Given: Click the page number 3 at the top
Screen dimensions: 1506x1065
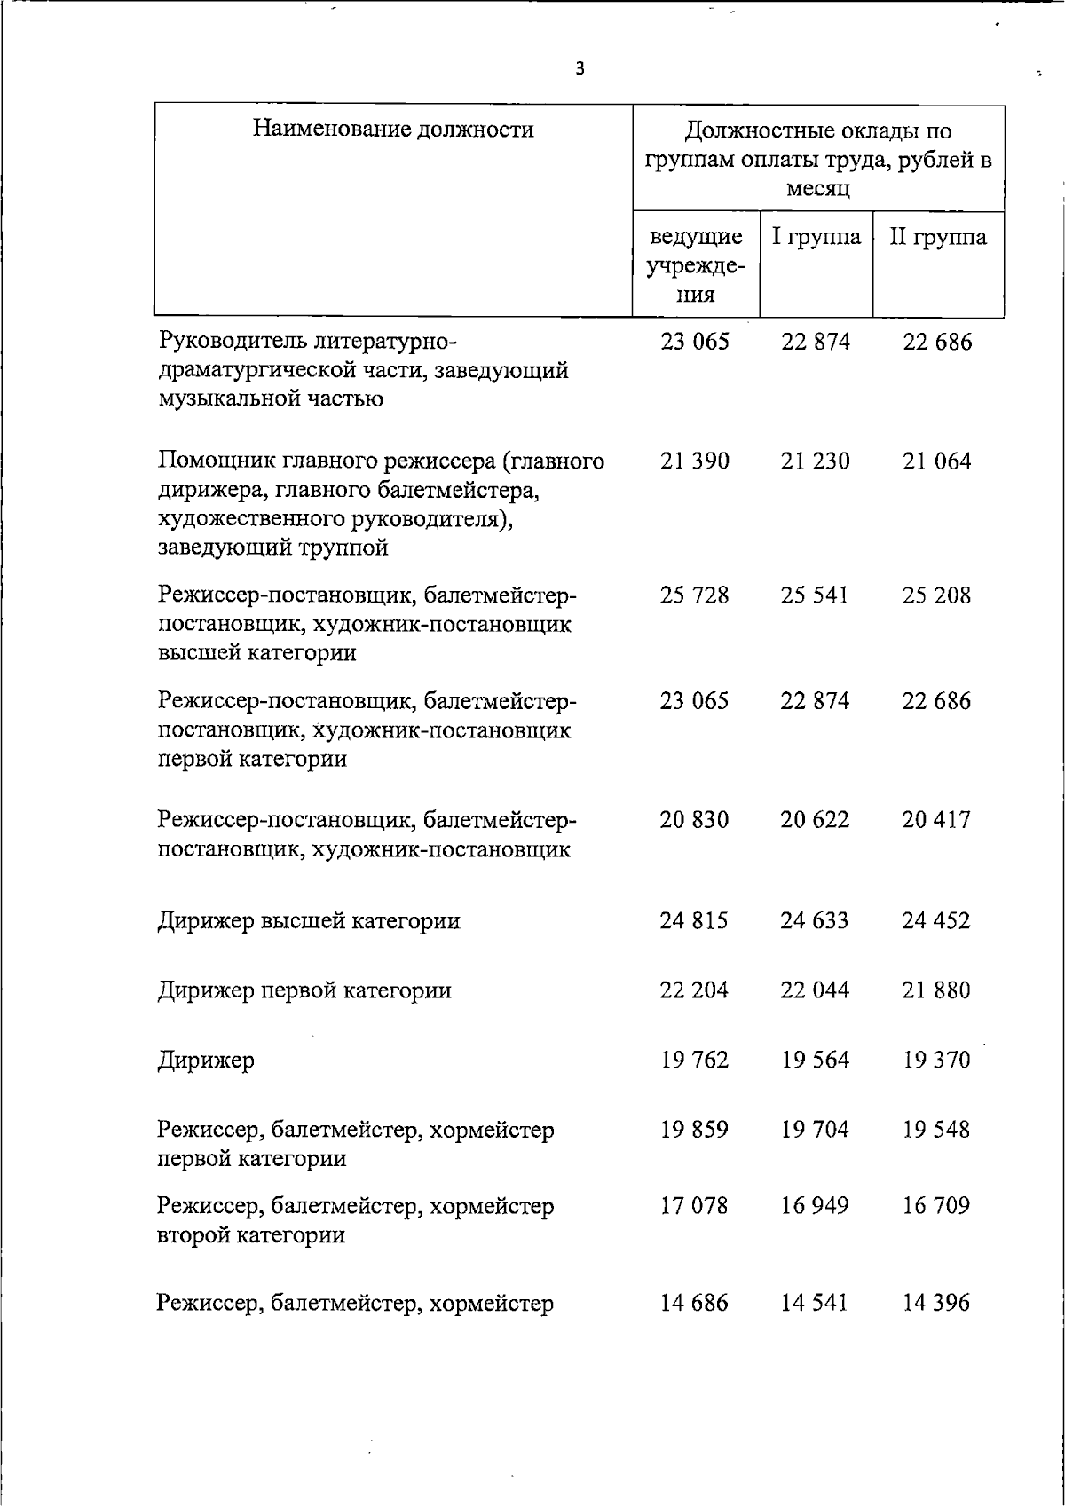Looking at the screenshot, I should pyautogui.click(x=580, y=68).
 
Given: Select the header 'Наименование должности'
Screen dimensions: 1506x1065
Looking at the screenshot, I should pyautogui.click(x=393, y=130).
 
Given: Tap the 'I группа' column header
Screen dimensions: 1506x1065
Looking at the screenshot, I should pyautogui.click(x=816, y=237).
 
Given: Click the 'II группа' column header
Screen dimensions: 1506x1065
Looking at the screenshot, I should pyautogui.click(x=938, y=237).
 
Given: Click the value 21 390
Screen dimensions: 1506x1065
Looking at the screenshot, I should pyautogui.click(x=695, y=461).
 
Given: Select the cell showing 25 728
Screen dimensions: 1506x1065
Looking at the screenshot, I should pyautogui.click(x=695, y=595).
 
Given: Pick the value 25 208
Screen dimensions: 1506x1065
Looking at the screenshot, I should pyautogui.click(x=937, y=595).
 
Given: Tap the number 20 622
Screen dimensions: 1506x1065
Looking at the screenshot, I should pyautogui.click(x=816, y=820).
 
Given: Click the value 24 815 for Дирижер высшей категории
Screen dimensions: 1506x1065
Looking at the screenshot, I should pyautogui.click(x=694, y=920).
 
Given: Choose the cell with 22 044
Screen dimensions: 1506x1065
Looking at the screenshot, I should pyautogui.click(x=816, y=990).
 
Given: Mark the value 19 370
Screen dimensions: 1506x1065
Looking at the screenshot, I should pyautogui.click(x=937, y=1061).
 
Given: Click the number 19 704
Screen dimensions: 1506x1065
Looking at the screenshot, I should pyautogui.click(x=816, y=1130).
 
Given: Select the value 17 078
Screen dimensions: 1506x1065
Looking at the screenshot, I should pyautogui.click(x=694, y=1206).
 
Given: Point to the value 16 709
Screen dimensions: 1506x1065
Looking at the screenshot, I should pyautogui.click(x=937, y=1206).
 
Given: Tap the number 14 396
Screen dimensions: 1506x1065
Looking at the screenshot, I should pyautogui.click(x=937, y=1303).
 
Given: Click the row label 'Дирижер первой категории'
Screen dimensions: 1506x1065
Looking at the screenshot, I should pyautogui.click(x=304, y=990).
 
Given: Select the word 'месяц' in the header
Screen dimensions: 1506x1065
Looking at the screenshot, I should pyautogui.click(x=817, y=189).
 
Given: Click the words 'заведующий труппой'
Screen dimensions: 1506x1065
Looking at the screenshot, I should pyautogui.click(x=273, y=548).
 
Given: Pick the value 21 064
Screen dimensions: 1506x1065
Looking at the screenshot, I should pyautogui.click(x=937, y=461).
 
